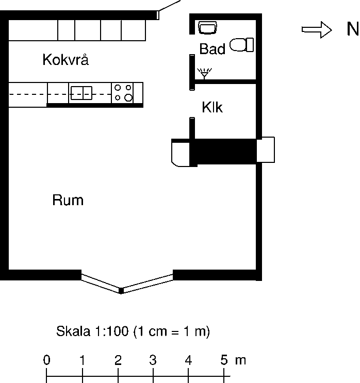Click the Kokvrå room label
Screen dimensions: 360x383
click(66, 59)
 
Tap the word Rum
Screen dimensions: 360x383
click(68, 200)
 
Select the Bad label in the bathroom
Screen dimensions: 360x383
click(212, 48)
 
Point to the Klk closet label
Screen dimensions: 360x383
click(212, 107)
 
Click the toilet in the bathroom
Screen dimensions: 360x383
click(241, 45)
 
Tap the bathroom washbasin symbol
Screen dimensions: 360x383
click(207, 27)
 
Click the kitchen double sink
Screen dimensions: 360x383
click(81, 93)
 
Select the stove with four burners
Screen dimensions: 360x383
click(122, 93)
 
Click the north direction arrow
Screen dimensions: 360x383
click(317, 30)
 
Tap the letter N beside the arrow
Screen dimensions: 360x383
click(353, 29)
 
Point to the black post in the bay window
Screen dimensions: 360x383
click(121, 291)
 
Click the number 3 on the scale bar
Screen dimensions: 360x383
click(153, 360)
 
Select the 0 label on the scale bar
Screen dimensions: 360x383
click(47, 360)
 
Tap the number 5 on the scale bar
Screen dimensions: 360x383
click(224, 360)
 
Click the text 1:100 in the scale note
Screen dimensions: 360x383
click(112, 331)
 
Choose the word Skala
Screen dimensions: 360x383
click(73, 331)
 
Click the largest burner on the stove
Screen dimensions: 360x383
click(128, 98)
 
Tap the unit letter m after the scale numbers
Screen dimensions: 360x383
click(240, 361)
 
